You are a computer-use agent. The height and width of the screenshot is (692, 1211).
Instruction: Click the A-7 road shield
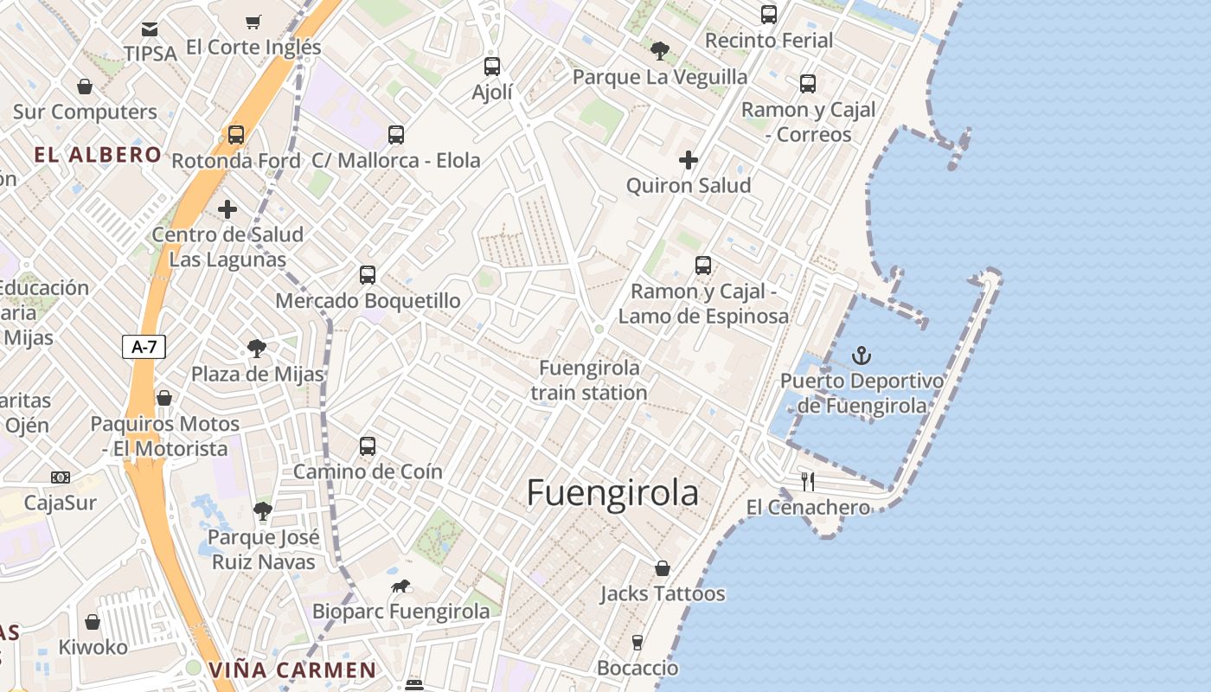tap(144, 347)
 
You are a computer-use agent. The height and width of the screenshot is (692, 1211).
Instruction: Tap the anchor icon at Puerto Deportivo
tap(862, 356)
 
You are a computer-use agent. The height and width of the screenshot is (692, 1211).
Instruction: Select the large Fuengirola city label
tap(612, 492)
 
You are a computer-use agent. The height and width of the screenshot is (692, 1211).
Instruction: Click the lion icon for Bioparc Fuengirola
tap(400, 586)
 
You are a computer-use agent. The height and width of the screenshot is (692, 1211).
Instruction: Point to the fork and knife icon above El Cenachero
tap(808, 481)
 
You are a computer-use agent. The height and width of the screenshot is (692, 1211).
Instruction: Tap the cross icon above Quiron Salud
tap(689, 160)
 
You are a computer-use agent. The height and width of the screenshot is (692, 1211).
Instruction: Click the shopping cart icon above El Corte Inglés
tap(253, 22)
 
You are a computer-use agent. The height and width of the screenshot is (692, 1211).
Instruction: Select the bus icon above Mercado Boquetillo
tap(368, 275)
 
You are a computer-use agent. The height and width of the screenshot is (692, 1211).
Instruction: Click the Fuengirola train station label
tap(589, 380)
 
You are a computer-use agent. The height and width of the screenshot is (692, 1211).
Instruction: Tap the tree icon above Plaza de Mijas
tap(257, 349)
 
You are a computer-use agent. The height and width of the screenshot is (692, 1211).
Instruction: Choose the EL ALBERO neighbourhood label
tap(98, 155)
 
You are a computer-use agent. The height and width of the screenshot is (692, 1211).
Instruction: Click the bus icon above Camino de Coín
tap(368, 446)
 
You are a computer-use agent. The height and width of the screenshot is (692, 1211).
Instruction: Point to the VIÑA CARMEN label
tap(292, 670)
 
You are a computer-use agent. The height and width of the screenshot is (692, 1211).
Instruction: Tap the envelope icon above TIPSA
tap(150, 29)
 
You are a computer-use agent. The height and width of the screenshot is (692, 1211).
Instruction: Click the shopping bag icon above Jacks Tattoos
tap(663, 568)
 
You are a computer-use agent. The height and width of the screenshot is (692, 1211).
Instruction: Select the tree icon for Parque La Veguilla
tap(660, 51)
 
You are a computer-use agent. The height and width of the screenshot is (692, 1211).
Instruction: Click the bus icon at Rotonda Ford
tap(236, 135)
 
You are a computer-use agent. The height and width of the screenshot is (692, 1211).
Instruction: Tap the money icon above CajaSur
tap(61, 477)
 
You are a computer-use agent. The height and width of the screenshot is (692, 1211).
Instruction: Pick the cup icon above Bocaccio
tap(638, 642)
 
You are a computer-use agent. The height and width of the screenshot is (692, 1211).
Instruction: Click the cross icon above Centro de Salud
tap(227, 209)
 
